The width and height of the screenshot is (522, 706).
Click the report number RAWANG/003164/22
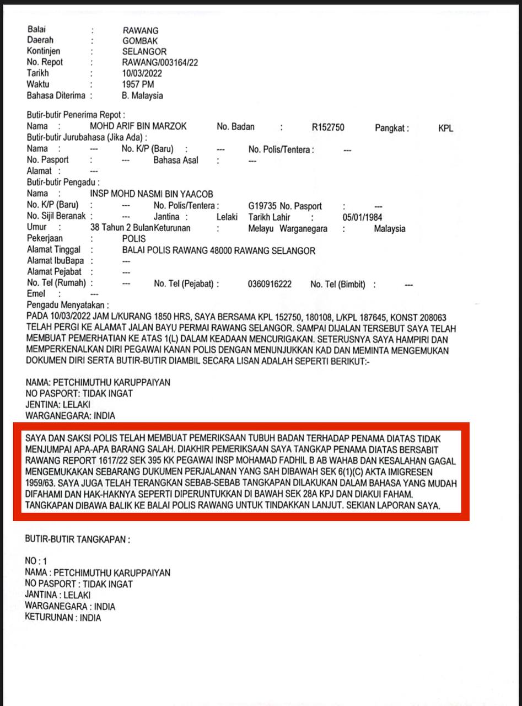[x=160, y=62]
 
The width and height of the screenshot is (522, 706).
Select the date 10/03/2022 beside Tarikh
[x=142, y=73]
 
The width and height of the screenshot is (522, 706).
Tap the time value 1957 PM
[x=138, y=84]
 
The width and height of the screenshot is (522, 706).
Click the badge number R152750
[x=327, y=127]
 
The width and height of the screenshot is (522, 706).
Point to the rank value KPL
[x=446, y=128]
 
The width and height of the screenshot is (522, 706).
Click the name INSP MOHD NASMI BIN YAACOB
[x=151, y=194]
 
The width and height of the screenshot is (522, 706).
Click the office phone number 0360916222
[x=270, y=285]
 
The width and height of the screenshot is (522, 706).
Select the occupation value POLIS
[x=134, y=239]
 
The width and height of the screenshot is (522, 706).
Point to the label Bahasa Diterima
[x=56, y=95]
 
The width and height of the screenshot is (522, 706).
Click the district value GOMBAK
[x=140, y=41]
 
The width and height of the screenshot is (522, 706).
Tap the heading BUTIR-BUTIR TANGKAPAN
[x=78, y=539]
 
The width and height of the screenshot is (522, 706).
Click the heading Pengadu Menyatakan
[x=68, y=305]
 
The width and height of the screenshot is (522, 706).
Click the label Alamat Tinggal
[x=53, y=250]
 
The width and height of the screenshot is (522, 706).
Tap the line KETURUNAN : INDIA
[x=63, y=618]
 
